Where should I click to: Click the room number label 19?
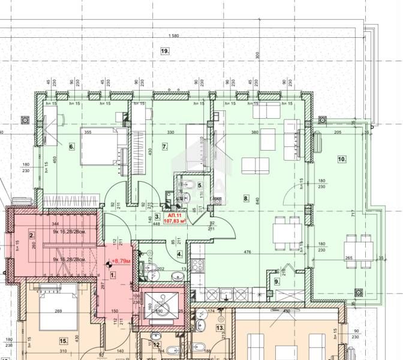pyautogui.click(x=164, y=52)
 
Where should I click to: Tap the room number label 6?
pyautogui.click(x=71, y=146)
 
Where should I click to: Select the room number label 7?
pyautogui.click(x=164, y=146)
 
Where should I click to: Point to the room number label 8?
pyautogui.click(x=246, y=197)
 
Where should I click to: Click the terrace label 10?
pyautogui.click(x=342, y=160)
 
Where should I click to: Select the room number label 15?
pyautogui.click(x=62, y=341)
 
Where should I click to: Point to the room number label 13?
pyautogui.click(x=220, y=328)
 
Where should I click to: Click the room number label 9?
pyautogui.click(x=276, y=281)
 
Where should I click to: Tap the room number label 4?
pyautogui.click(x=181, y=254)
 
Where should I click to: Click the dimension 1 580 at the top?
pyautogui.click(x=175, y=36)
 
